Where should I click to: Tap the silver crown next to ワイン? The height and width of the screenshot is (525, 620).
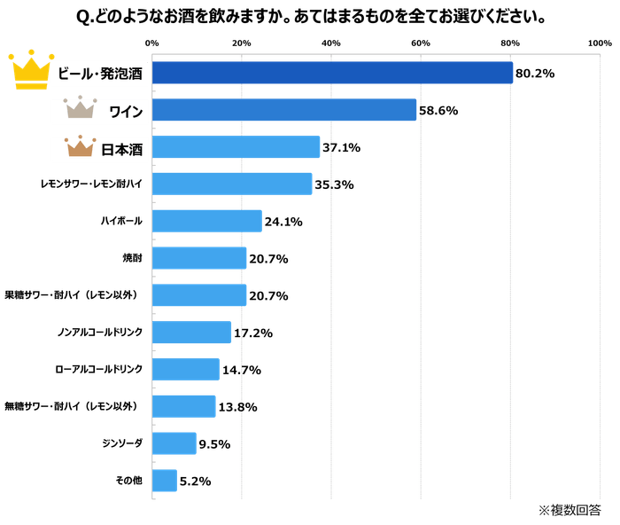point(79,110)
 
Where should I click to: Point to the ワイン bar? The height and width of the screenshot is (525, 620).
point(284,110)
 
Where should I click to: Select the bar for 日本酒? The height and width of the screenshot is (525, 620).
point(236,147)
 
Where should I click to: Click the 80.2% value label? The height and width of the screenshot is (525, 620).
point(533,74)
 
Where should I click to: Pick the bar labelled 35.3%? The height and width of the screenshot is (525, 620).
point(232,184)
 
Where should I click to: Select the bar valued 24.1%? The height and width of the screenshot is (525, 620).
point(207,221)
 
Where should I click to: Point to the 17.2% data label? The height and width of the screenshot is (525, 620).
point(252,333)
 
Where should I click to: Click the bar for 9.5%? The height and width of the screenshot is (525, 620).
point(174,443)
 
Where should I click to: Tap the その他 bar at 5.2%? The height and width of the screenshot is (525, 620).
point(165,481)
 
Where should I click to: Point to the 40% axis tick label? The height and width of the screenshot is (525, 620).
point(330,43)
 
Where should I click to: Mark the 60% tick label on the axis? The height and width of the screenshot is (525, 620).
point(420,43)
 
